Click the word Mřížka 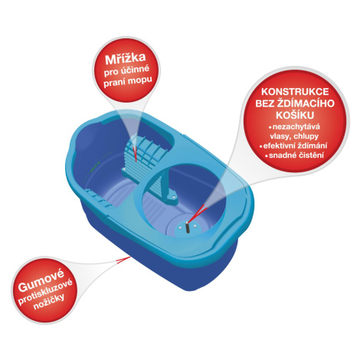pyautogui.click(x=125, y=59)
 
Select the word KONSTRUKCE pyautogui.click(x=295, y=92)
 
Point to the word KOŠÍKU pyautogui.click(x=295, y=116)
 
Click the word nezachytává pyautogui.click(x=296, y=127)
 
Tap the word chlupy pyautogui.click(x=306, y=136)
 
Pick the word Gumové pyautogui.click(x=41, y=280)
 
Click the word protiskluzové pyautogui.click(x=45, y=292)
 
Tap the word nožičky pyautogui.click(x=49, y=302)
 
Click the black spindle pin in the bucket pyautogui.click(x=188, y=227)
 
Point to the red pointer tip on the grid pyautogui.click(x=136, y=162)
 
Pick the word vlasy pyautogui.click(x=280, y=136)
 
